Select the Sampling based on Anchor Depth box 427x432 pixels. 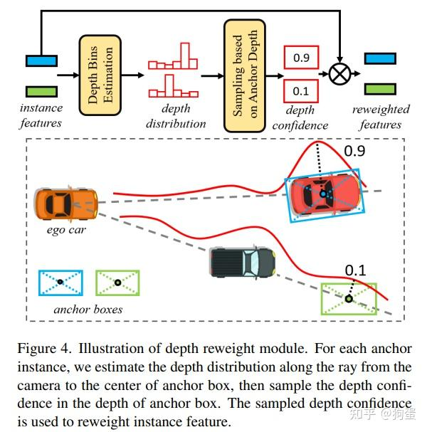tap(244, 75)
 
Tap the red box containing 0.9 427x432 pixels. tap(301, 58)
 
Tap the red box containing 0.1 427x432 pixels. tap(301, 90)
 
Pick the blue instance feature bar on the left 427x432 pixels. tap(41, 60)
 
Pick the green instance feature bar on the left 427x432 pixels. tap(41, 91)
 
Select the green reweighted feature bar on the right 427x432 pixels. tap(379, 88)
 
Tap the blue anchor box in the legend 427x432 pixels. tap(60, 283)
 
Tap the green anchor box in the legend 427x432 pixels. tap(117, 283)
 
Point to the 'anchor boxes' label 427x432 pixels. tap(88, 310)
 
